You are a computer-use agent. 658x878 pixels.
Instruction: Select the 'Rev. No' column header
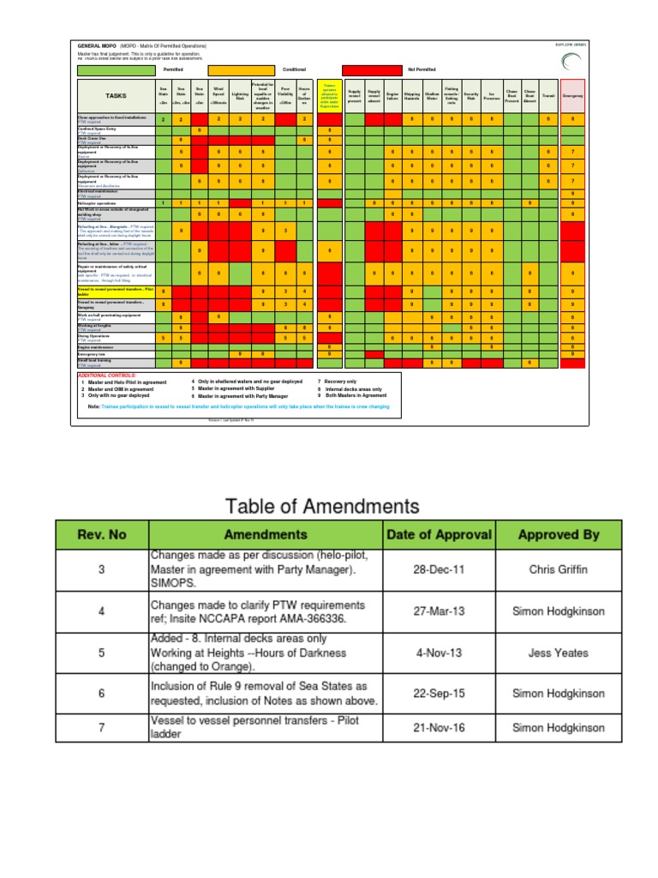[102, 534]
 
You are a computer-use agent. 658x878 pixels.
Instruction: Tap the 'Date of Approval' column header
[439, 534]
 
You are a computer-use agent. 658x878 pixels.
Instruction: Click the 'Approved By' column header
[558, 534]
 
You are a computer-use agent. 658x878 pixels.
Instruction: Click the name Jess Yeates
[558, 652]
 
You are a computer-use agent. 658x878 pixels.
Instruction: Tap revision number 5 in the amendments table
[102, 652]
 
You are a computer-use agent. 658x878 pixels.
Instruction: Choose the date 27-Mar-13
[439, 611]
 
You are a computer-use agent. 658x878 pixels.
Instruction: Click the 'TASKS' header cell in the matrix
[115, 96]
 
